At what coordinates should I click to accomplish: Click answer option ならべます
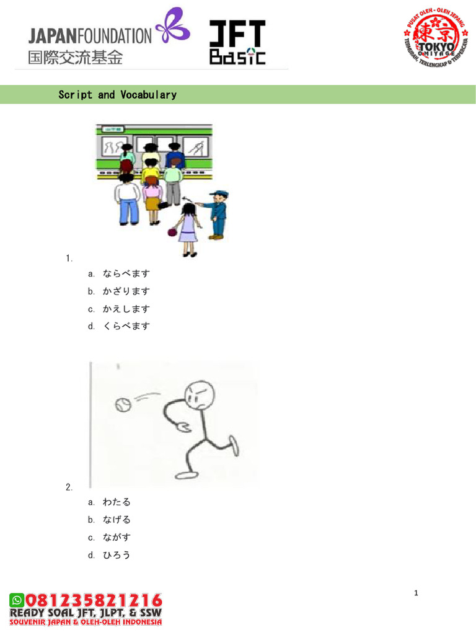pos(126,273)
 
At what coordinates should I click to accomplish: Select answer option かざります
pos(126,291)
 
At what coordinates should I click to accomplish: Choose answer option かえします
pos(126,309)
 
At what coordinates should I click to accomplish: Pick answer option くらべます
pos(126,326)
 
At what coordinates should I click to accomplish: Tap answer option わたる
pos(117,502)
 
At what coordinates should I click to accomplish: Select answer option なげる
pos(117,520)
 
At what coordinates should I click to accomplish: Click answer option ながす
pos(117,538)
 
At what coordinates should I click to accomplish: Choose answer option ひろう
pos(117,555)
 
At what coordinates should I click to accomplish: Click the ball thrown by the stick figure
pos(122,406)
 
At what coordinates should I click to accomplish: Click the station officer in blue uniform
pos(217,214)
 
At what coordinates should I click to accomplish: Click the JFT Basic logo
pos(237,42)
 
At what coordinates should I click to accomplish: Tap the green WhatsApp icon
pos(17,600)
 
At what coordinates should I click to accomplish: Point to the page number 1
pos(416,593)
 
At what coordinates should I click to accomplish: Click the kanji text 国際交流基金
pos(75,58)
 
